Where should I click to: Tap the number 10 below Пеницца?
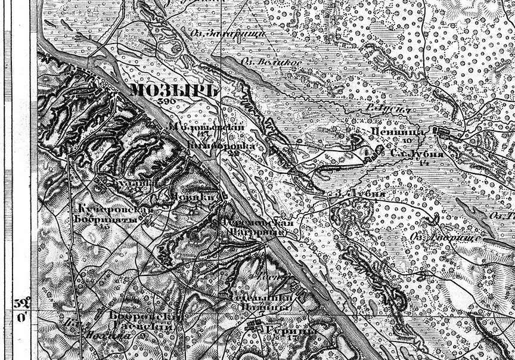point(405,141)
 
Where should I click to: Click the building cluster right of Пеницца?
point(444,131)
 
